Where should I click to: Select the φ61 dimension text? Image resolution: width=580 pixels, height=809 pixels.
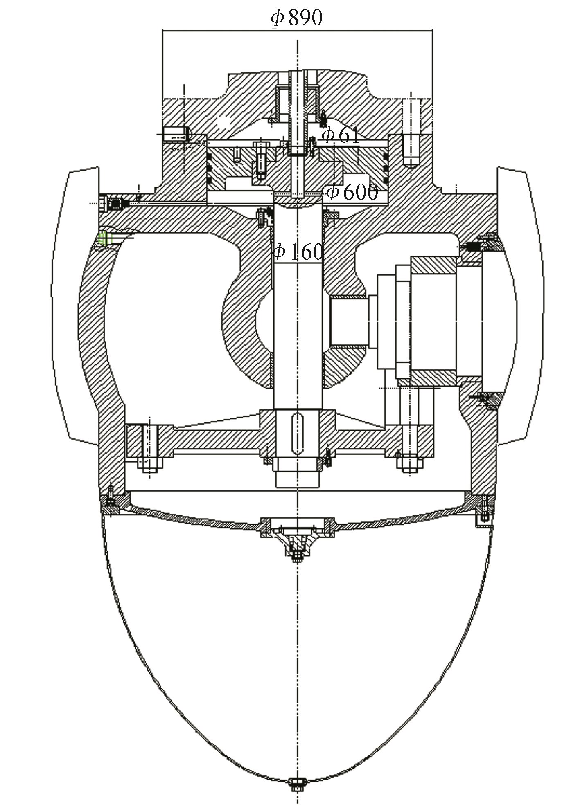[x=341, y=135]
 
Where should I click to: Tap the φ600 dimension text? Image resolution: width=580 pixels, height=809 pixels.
[x=351, y=192]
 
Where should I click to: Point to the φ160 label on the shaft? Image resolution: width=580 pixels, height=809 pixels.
[x=298, y=252]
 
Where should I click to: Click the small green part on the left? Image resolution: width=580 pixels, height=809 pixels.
[x=104, y=238]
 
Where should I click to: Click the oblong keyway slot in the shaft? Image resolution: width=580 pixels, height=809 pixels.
[x=298, y=434]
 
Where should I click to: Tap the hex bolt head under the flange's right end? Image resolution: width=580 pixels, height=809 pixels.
[x=409, y=463]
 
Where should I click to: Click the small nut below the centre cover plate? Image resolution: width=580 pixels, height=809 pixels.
[x=297, y=556]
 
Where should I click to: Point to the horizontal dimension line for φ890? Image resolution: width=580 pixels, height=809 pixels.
[x=297, y=30]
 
